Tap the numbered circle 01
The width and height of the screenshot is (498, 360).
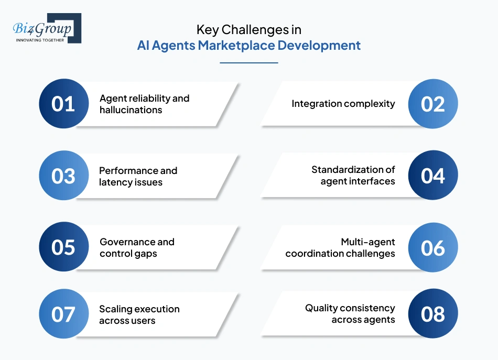tap(63, 104)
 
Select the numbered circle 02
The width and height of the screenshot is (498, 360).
tap(433, 104)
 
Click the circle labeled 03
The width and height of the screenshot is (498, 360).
tap(63, 176)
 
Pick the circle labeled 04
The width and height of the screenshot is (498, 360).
tap(433, 176)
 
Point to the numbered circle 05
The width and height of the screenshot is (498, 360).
tap(63, 247)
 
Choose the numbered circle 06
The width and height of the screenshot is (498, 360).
tap(433, 247)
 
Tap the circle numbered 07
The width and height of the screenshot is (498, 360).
tap(63, 314)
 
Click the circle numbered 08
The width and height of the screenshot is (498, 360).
tap(433, 314)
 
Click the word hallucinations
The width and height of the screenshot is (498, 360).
tap(131, 110)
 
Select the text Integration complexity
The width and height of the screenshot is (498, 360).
tap(343, 104)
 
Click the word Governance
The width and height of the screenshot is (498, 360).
tap(121, 242)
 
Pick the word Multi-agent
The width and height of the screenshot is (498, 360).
tap(367, 242)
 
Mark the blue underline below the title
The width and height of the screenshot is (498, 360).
tap(248, 63)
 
